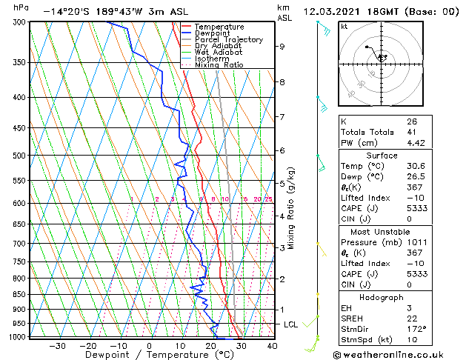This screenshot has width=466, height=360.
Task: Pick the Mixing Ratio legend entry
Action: click(x=220, y=65)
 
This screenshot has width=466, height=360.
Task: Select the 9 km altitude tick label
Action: click(x=282, y=47)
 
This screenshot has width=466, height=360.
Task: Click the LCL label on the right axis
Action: click(x=292, y=324)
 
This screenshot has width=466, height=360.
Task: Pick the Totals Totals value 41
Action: click(x=412, y=132)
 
